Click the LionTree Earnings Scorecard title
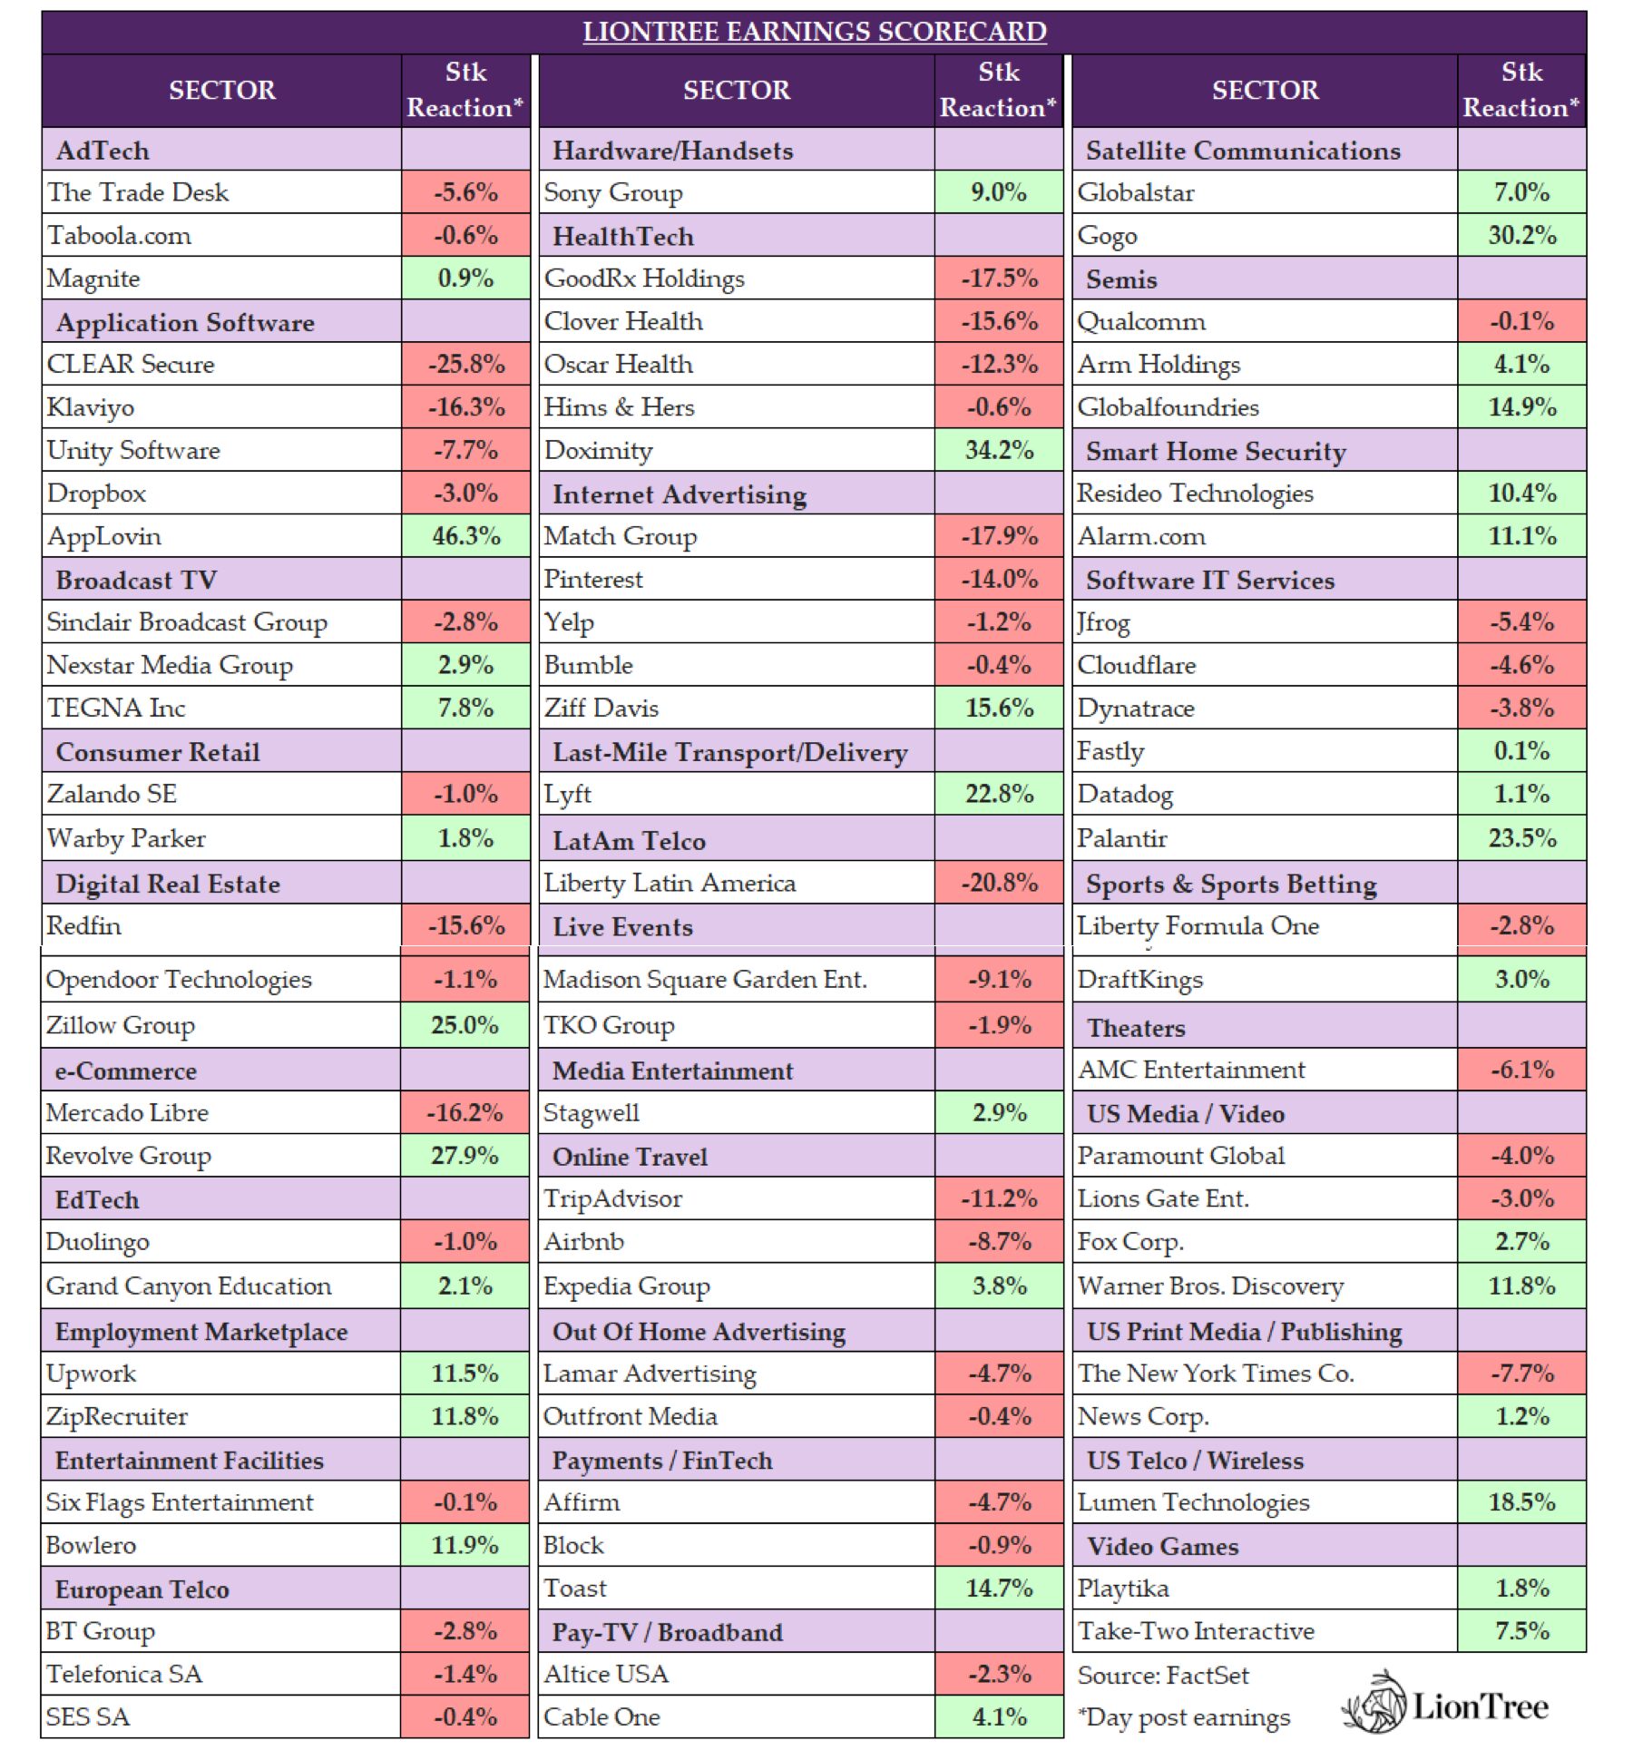814,32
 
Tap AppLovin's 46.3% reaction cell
465,536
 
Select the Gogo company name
1107,236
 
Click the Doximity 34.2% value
999,450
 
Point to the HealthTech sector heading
622,237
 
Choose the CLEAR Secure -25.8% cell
465,365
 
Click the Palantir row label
1121,837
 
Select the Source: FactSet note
1162,1676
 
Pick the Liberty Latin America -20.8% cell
999,882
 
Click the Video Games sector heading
1162,1546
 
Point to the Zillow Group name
121,1025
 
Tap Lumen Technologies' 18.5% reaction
1521,1502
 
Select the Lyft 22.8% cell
999,794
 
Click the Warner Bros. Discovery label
1210,1286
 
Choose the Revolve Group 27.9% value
464,1156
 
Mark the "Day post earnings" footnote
1183,1717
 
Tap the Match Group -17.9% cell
999,536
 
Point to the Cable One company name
601,1716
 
